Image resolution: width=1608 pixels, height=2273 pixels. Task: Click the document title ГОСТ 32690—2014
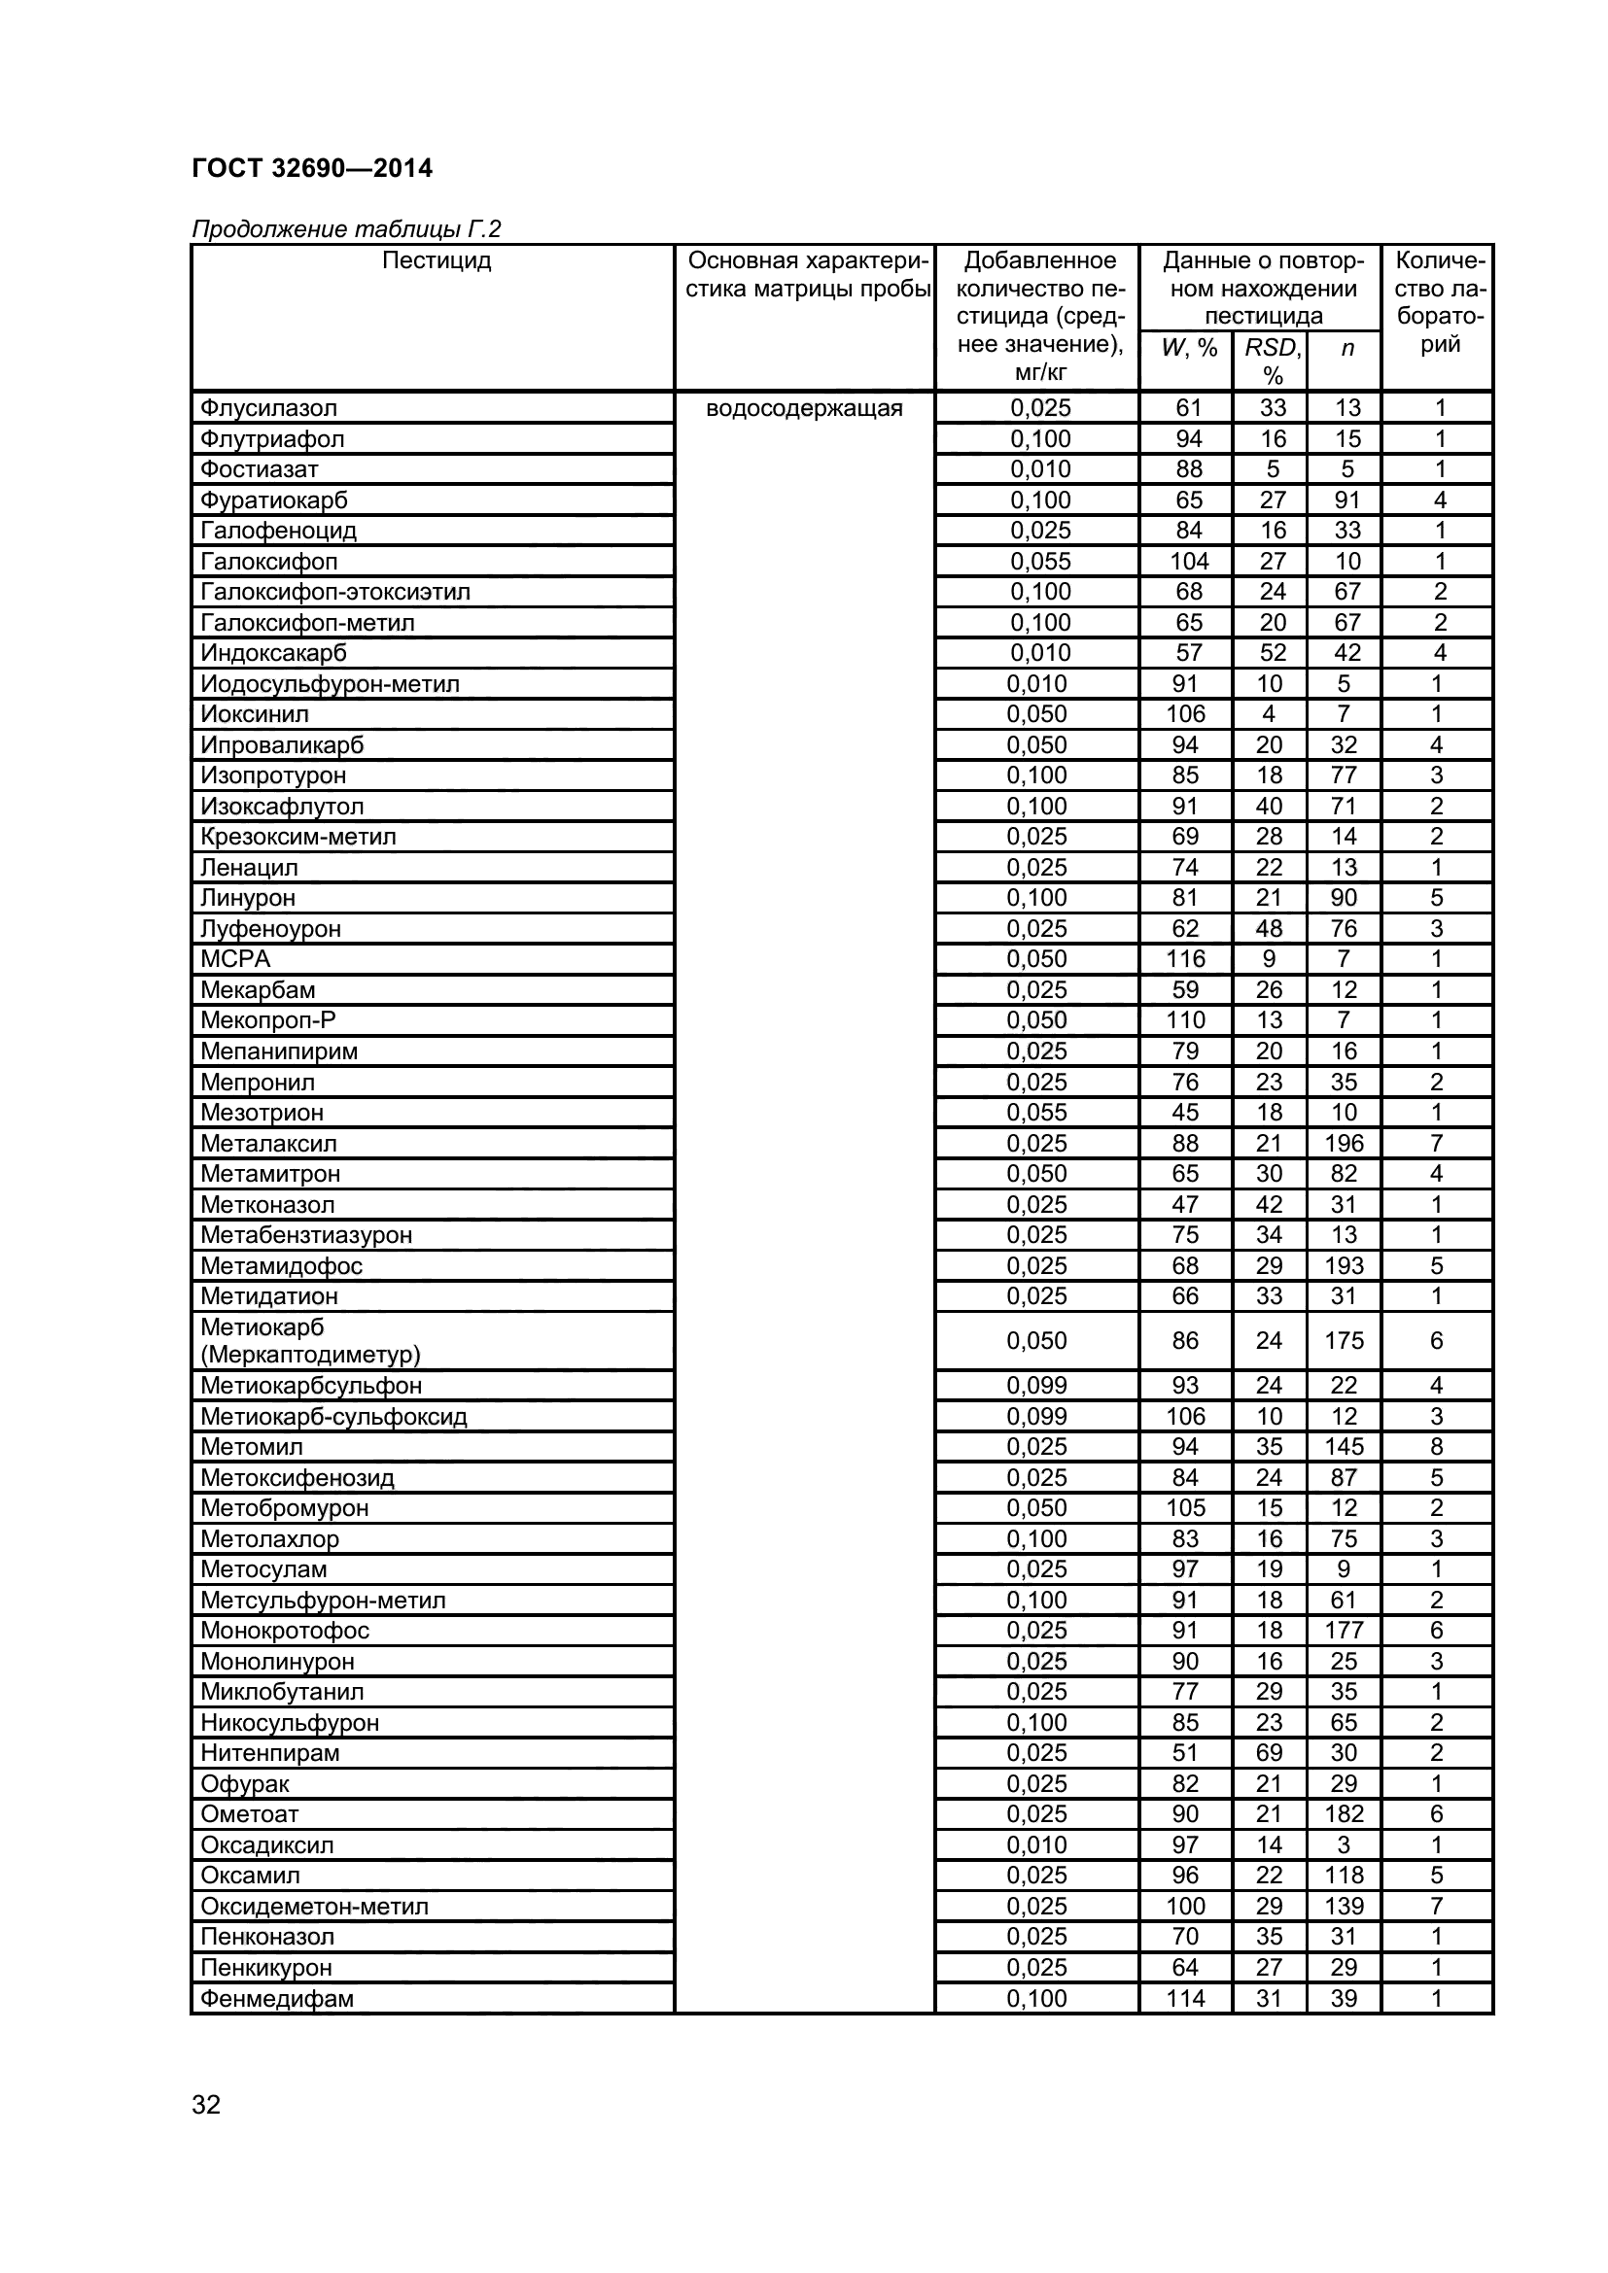pyautogui.click(x=312, y=168)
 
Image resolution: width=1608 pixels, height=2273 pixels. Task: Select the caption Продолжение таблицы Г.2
pyautogui.click(x=346, y=229)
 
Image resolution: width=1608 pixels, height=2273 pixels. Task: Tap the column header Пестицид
pyautogui.click(x=436, y=260)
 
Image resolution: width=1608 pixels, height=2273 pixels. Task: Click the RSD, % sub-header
pyautogui.click(x=1273, y=361)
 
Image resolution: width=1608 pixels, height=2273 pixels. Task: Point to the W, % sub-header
pyautogui.click(x=1188, y=348)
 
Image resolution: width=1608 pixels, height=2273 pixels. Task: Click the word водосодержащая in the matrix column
pyautogui.click(x=804, y=408)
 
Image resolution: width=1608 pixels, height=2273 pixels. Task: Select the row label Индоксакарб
pyautogui.click(x=273, y=653)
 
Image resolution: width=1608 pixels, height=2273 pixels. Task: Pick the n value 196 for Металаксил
pyautogui.click(x=1344, y=1144)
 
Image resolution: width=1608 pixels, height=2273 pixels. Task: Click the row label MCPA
pyautogui.click(x=234, y=959)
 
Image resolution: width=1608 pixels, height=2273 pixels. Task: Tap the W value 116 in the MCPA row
pyautogui.click(x=1185, y=959)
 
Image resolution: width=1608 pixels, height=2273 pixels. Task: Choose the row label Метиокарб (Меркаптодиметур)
pyautogui.click(x=310, y=1340)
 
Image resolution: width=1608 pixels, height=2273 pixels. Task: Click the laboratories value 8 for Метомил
pyautogui.click(x=1437, y=1446)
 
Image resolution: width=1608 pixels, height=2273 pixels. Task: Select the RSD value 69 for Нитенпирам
pyautogui.click(x=1269, y=1752)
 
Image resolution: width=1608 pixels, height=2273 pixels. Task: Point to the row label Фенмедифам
pyautogui.click(x=276, y=1998)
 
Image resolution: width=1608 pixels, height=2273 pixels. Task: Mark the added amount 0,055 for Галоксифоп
pyautogui.click(x=1039, y=562)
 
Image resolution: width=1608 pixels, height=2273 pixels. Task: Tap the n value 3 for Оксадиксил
pyautogui.click(x=1344, y=1844)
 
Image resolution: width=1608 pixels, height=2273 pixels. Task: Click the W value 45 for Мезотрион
pyautogui.click(x=1185, y=1112)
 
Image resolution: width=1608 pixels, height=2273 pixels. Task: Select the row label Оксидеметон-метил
pyautogui.click(x=314, y=1906)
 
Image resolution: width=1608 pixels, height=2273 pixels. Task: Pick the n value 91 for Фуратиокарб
pyautogui.click(x=1346, y=499)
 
